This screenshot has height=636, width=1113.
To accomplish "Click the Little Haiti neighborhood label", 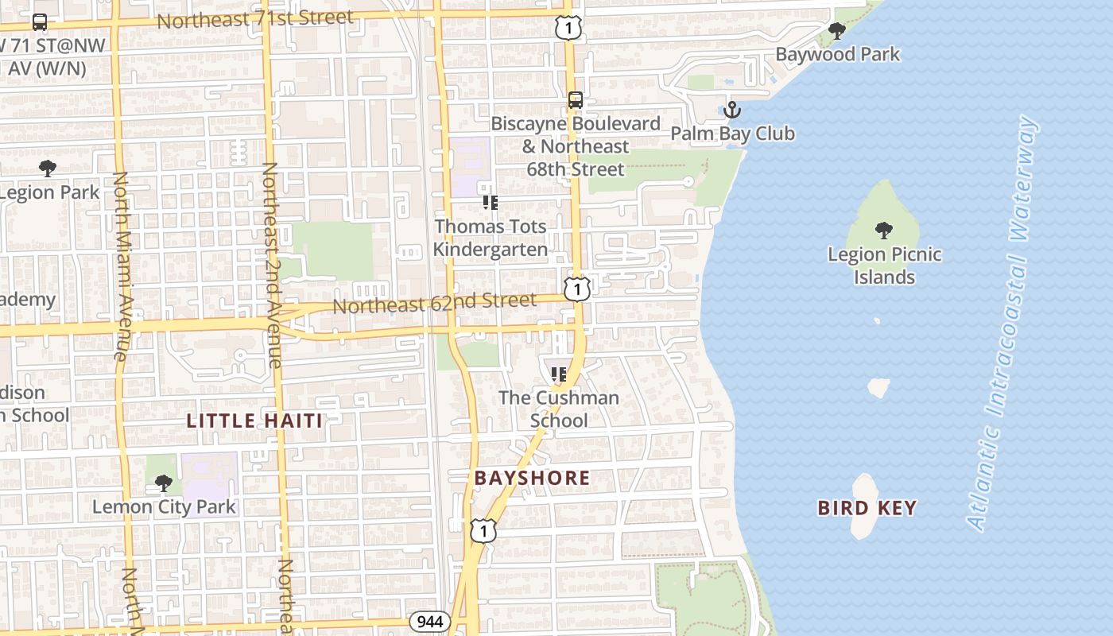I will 254,421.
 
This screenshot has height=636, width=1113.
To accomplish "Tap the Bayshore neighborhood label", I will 532,478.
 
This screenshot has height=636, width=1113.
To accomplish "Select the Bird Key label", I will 867,508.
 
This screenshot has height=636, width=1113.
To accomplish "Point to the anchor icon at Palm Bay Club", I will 731,110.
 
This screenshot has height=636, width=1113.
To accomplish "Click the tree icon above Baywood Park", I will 836,32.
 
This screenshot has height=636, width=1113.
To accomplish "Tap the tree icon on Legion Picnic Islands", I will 883,231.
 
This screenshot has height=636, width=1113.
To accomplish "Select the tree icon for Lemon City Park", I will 164,483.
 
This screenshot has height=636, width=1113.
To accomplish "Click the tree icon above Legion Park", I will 48,169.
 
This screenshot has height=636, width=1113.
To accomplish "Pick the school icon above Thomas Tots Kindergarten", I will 491,204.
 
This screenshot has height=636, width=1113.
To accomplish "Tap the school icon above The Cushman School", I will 558,374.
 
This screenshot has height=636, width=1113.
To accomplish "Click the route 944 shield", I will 431,621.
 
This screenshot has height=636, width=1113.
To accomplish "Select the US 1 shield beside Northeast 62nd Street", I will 577,289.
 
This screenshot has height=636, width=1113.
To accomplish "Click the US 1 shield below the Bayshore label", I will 483,530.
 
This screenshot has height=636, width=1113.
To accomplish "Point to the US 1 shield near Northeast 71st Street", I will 568,29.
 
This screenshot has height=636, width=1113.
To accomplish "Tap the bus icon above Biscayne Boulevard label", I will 576,101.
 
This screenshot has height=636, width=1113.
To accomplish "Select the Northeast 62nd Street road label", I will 434,303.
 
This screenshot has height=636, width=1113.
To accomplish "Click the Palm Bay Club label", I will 732,133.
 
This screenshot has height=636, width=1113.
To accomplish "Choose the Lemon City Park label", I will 164,506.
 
